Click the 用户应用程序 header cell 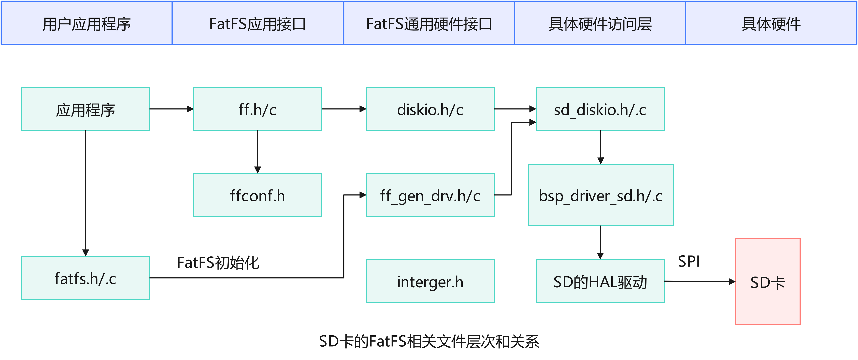tap(87, 23)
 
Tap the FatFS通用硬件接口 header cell tap(429, 23)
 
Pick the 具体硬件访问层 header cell tap(600, 23)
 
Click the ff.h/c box tap(258, 109)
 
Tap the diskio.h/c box tap(430, 109)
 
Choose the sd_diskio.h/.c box tap(600, 109)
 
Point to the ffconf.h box tap(258, 195)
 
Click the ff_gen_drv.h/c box tap(430, 195)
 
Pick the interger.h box tap(430, 281)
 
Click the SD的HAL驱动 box tap(600, 281)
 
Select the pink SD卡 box tap(768, 281)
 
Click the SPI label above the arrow tap(689, 261)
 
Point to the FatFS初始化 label tap(218, 262)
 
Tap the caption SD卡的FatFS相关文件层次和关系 tap(429, 341)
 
